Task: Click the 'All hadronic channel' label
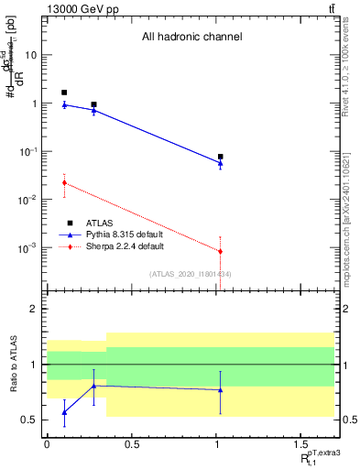(x=191, y=38)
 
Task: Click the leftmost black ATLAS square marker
(x=64, y=93)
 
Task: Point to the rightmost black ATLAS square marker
(x=220, y=157)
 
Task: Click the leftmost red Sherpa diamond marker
(x=64, y=183)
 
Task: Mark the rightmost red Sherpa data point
(x=220, y=251)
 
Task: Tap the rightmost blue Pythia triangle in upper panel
(x=220, y=163)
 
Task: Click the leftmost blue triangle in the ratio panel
(x=64, y=412)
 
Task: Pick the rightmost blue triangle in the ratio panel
(x=220, y=389)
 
